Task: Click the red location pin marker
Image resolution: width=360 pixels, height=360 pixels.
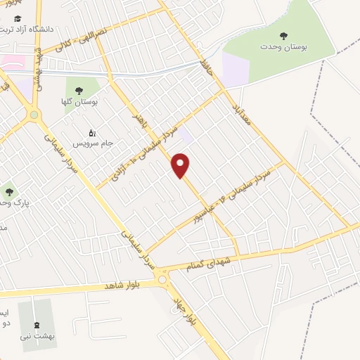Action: click(x=181, y=165)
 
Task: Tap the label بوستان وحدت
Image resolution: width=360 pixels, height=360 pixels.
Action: click(x=289, y=47)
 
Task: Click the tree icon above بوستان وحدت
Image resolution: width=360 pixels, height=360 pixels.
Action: click(x=284, y=34)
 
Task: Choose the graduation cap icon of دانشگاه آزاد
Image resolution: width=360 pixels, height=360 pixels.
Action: click(x=17, y=18)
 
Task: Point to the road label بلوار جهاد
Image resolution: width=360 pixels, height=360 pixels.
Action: click(x=182, y=310)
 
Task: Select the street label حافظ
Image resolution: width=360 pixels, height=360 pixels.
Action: click(x=206, y=68)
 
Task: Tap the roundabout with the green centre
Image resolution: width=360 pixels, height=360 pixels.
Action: click(x=33, y=115)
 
